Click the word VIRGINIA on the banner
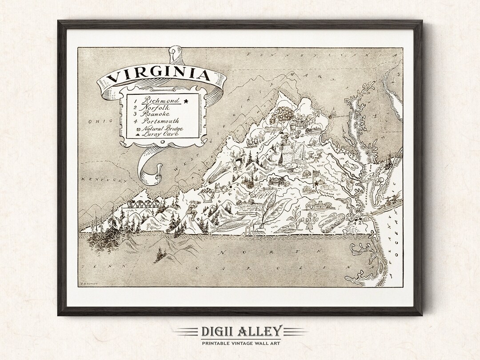pos(158,74)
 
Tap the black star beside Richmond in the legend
pos(185,101)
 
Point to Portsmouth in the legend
pos(161,121)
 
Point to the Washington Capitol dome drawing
pos(335,113)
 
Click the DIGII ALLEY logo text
pos(240,331)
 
